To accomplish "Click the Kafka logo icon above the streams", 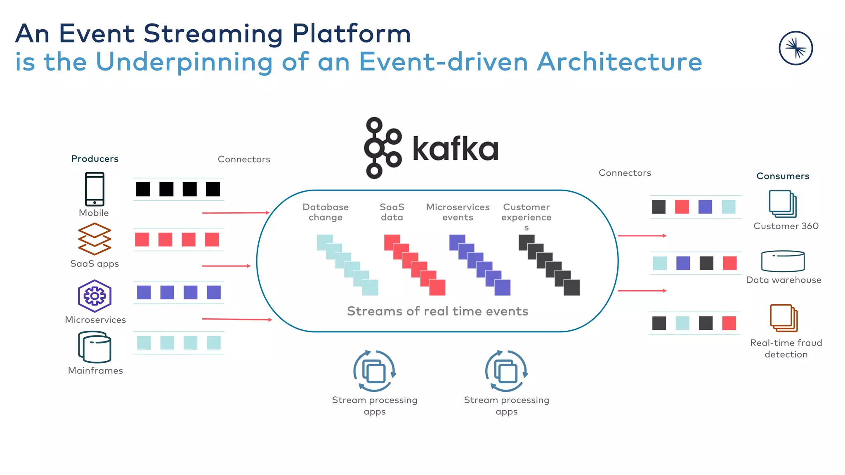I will click(382, 148).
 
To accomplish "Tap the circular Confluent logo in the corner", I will click(795, 48).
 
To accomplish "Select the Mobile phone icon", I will click(94, 189).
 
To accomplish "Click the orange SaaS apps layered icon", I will click(94, 239).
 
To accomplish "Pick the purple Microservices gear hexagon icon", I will click(94, 296).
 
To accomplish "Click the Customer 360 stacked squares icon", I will click(783, 204).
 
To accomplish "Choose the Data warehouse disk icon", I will click(783, 261).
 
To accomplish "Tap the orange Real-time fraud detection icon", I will click(784, 318).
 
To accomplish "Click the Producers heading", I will click(94, 159).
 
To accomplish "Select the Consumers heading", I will click(783, 176).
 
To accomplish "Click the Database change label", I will click(326, 212).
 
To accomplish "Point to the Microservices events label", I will click(458, 212).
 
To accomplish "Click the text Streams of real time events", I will click(437, 311).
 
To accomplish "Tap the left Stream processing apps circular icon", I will click(374, 371).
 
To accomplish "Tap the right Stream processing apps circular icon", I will click(506, 371).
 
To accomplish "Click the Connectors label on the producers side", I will click(244, 159).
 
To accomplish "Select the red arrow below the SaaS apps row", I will click(226, 266).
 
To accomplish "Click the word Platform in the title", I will click(351, 33).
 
